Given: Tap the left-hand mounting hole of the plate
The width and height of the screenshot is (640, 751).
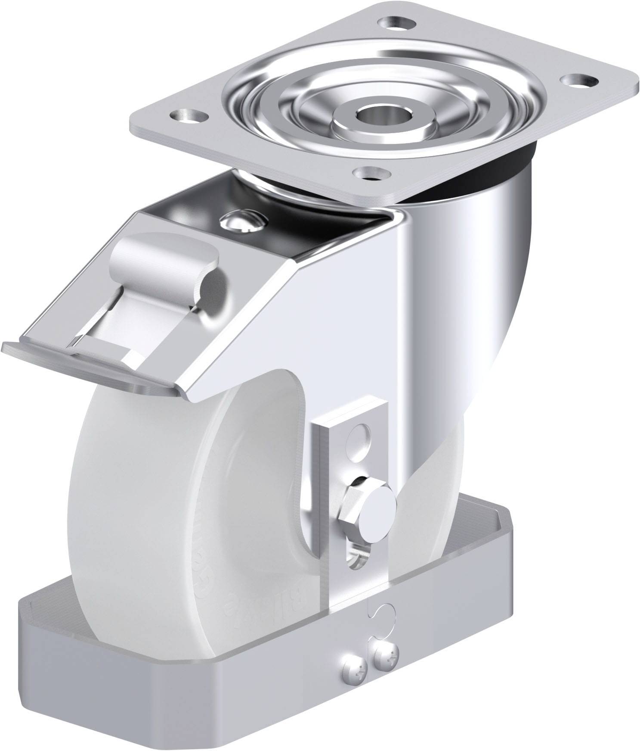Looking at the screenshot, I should [x=186, y=115].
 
